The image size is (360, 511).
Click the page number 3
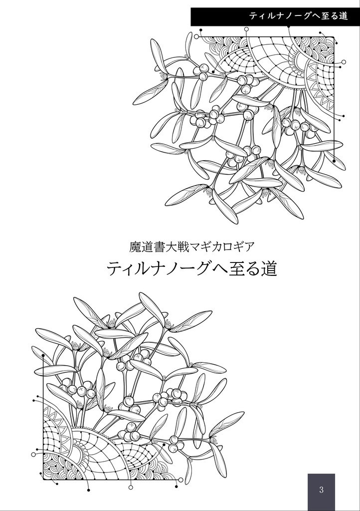tap(321, 490)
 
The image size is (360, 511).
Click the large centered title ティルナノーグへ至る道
tap(192, 269)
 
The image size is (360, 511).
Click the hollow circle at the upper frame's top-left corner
tap(196, 36)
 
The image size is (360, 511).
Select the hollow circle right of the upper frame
tap(344, 62)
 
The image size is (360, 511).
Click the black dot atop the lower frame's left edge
tap(43, 356)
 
